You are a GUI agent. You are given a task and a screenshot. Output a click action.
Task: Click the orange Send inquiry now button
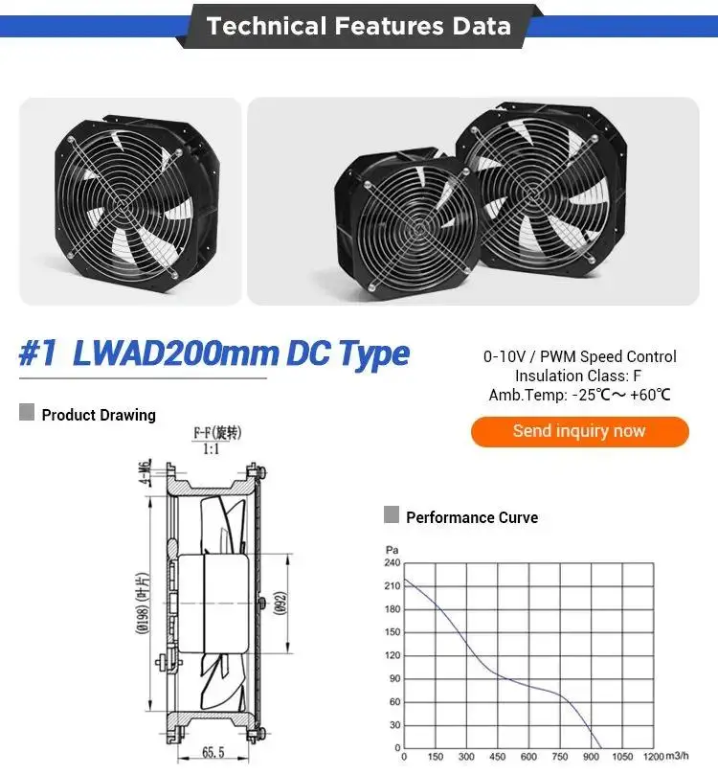pos(580,431)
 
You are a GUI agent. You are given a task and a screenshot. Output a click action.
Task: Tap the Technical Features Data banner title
pos(358,26)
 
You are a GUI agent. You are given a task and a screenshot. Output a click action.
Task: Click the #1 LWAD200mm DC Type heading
pos(214,353)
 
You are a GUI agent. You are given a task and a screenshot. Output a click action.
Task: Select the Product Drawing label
pos(99,415)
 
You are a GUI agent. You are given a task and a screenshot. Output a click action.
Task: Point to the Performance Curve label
pos(472,517)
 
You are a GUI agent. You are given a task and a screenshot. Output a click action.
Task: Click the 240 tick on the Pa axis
pos(393,562)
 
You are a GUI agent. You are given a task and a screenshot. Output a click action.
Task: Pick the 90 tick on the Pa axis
pos(394,678)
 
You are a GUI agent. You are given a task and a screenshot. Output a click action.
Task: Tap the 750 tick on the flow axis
pos(559,757)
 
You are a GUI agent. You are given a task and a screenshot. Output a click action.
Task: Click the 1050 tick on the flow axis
pos(622,757)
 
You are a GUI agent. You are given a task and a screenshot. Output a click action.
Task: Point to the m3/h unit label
pos(677,756)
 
